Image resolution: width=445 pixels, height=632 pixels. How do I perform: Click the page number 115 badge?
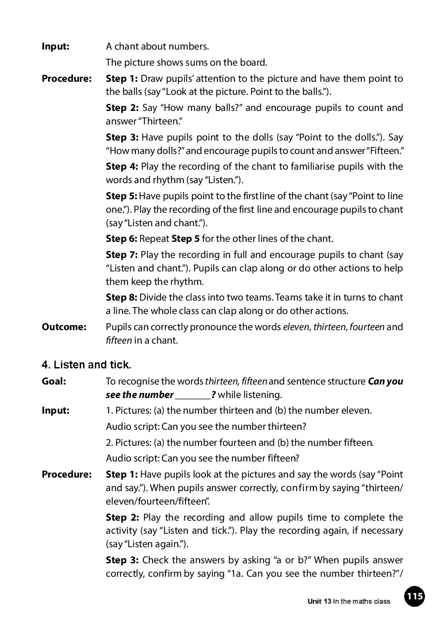414,596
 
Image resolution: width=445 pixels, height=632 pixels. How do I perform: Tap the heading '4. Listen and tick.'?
86,364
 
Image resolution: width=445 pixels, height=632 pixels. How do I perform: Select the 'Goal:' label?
54,381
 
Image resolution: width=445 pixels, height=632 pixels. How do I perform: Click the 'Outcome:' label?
64,327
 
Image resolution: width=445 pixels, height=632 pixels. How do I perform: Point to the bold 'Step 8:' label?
121,298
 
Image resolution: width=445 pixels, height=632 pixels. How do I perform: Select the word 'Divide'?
153,298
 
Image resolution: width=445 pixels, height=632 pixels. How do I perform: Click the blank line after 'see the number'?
192,395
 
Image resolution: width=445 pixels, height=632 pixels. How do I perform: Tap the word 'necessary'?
381,531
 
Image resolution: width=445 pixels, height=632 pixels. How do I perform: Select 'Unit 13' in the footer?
319,602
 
